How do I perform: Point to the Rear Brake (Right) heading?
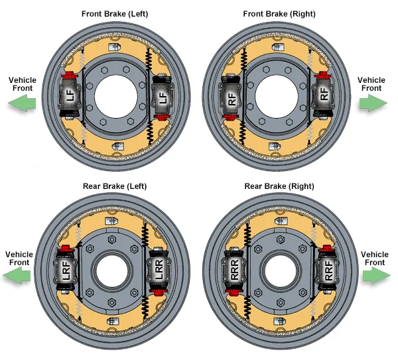(x=279, y=186)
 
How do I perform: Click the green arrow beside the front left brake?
(x=22, y=103)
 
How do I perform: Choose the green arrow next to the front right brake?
(x=373, y=103)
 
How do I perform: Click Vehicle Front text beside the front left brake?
(x=23, y=84)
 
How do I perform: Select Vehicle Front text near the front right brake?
(x=371, y=84)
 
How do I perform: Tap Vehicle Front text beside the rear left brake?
(x=19, y=258)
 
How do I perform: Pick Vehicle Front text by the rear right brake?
(x=375, y=259)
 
